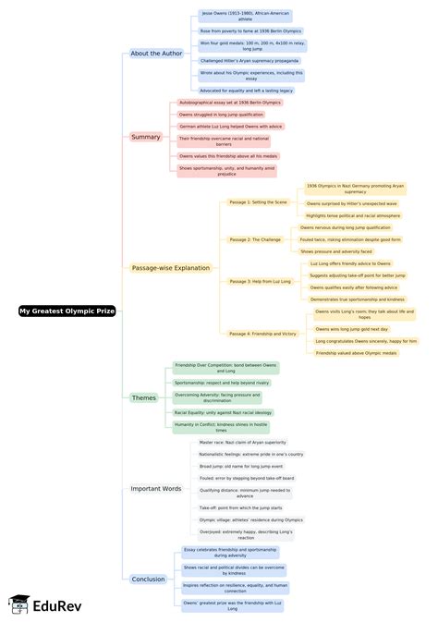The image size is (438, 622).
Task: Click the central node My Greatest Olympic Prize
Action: point(67,311)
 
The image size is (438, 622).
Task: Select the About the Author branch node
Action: point(157,54)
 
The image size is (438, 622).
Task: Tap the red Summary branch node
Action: point(146,137)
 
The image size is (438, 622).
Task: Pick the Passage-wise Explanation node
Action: point(171,268)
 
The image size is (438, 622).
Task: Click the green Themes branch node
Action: point(143,397)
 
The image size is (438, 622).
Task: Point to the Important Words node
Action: point(156,488)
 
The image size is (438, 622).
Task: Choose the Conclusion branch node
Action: point(148,579)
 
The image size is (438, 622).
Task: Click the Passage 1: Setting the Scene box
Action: point(258,201)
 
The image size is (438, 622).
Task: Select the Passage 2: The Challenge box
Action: point(254,239)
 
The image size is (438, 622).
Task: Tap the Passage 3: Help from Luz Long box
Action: point(260,281)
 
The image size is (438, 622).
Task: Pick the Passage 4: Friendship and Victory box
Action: point(263,333)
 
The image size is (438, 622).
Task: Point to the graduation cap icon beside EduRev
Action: point(18,604)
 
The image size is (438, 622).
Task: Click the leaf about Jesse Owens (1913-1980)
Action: point(238,16)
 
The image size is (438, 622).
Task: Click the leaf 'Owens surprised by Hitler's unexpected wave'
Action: point(352,203)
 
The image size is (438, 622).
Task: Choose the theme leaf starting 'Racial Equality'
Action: point(223,412)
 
